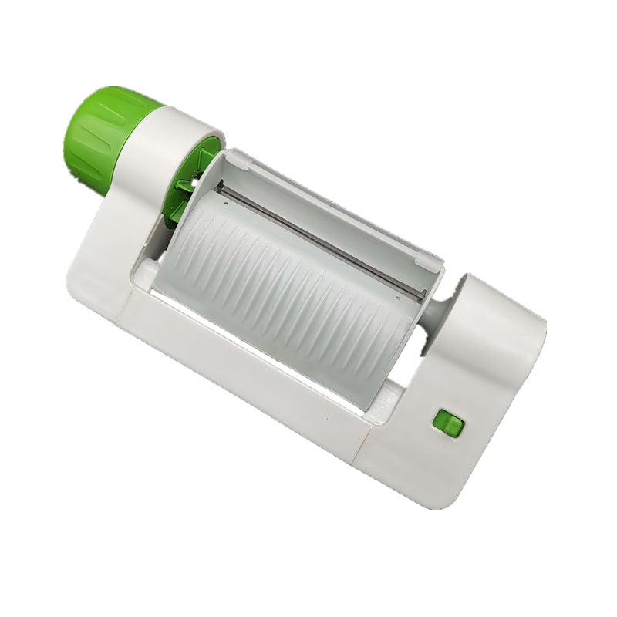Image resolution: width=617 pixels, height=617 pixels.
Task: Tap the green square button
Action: coord(447,423)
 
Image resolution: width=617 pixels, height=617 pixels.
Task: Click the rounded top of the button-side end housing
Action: coord(501,308)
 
